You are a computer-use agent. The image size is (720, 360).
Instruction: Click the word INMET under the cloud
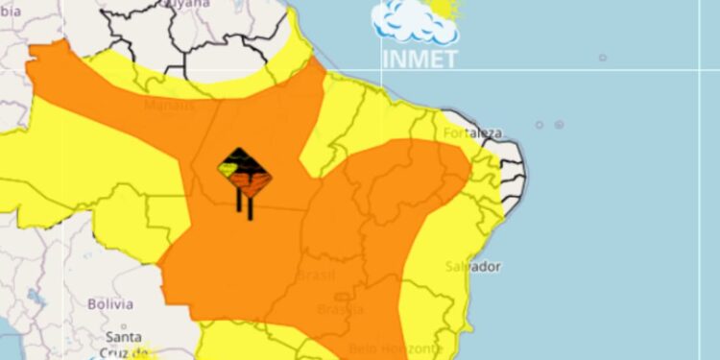pyautogui.click(x=420, y=58)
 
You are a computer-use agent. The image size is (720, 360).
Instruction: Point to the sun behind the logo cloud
pyautogui.click(x=444, y=8)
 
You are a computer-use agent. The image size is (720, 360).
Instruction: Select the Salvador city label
pyautogui.click(x=472, y=266)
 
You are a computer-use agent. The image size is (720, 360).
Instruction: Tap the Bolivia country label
pyautogui.click(x=108, y=303)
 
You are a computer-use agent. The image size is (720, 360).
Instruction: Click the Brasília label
pyautogui.click(x=341, y=309)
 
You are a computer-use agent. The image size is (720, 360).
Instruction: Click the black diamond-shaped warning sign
pyautogui.click(x=244, y=173)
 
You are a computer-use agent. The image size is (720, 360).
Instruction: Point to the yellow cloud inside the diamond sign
pyautogui.click(x=228, y=169)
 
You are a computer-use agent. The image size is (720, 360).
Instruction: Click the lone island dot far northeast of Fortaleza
pyautogui.click(x=603, y=58)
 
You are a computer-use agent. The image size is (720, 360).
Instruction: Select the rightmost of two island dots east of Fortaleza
pyautogui.click(x=559, y=125)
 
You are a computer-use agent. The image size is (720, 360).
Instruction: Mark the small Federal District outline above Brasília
pyautogui.click(x=342, y=297)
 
